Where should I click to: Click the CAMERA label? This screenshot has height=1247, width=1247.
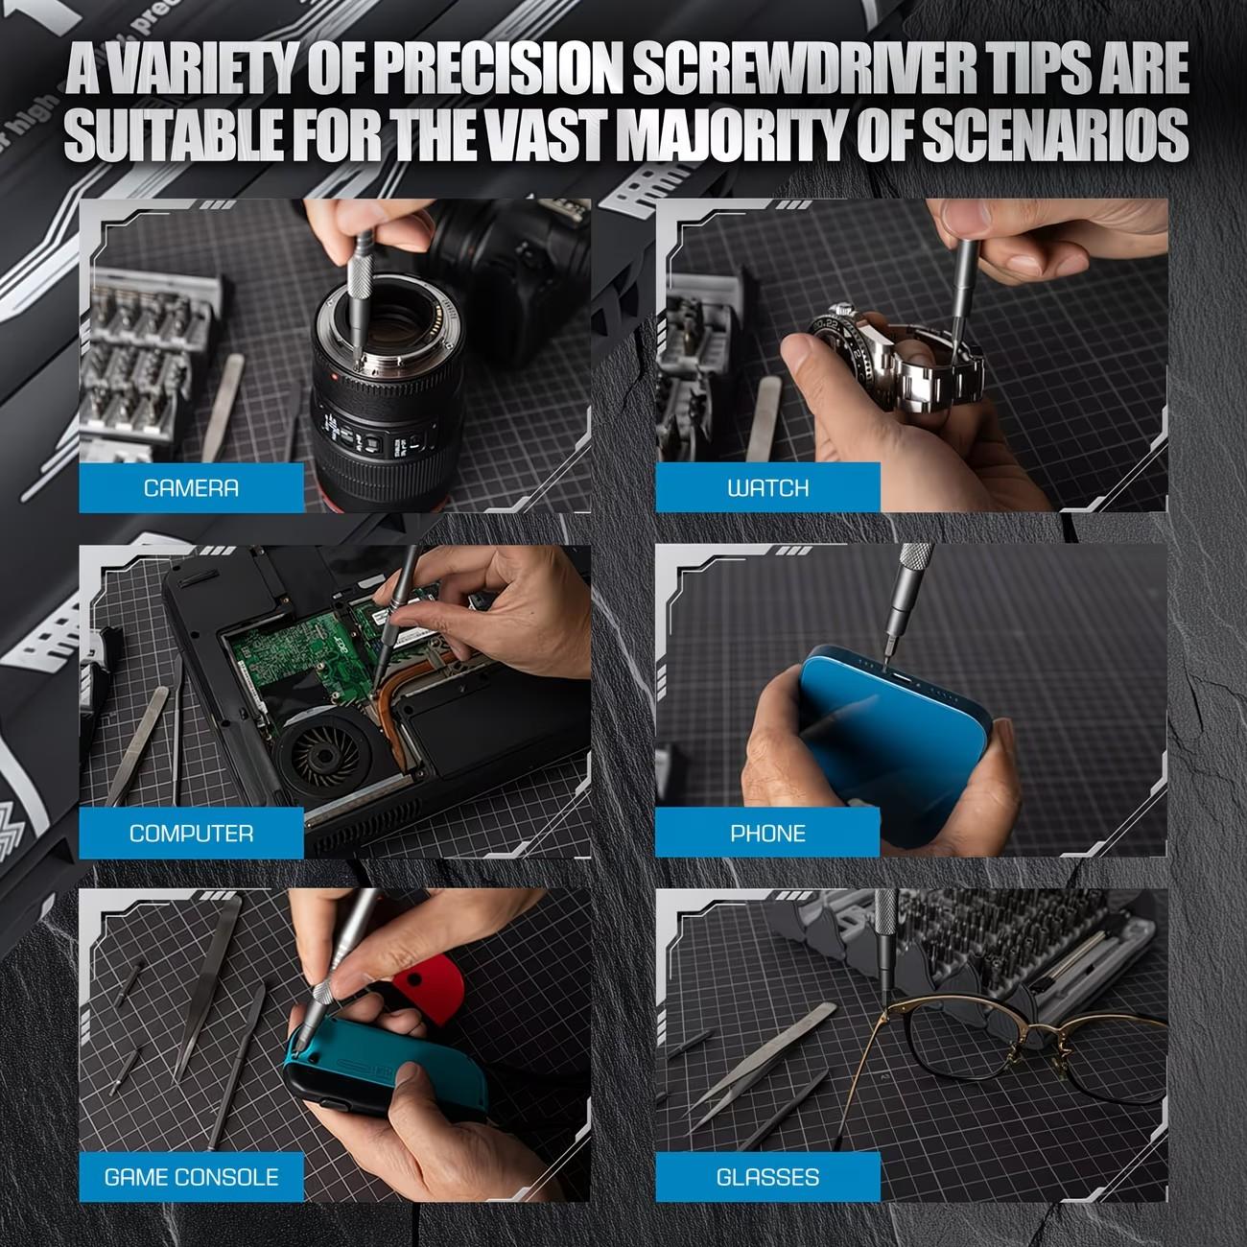click(191, 488)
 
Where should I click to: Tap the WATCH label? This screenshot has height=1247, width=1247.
click(767, 488)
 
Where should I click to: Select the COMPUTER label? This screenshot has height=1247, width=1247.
click(191, 834)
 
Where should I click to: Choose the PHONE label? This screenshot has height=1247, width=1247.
click(767, 834)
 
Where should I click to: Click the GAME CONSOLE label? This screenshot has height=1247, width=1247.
click(191, 1177)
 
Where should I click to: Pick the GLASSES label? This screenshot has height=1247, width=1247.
click(767, 1177)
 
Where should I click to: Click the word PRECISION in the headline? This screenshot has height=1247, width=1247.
click(497, 69)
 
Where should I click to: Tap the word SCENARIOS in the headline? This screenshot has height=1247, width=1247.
click(1055, 136)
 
